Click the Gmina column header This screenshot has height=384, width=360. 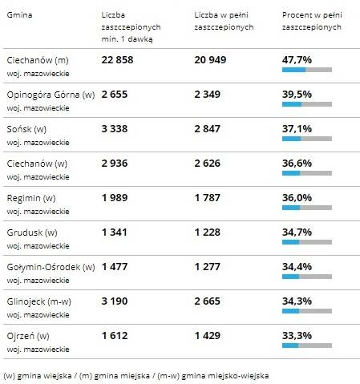click(x=19, y=15)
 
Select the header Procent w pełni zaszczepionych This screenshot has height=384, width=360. click(x=312, y=21)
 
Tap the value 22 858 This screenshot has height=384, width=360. click(x=117, y=60)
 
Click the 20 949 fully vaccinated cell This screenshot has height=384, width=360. click(x=210, y=60)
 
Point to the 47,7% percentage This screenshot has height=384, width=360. click(x=297, y=60)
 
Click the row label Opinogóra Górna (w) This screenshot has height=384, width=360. click(x=51, y=95)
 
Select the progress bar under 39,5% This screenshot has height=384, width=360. click(x=307, y=104)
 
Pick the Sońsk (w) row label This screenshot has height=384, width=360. click(x=26, y=129)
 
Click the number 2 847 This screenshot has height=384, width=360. click(x=207, y=129)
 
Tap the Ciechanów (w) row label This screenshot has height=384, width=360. click(x=37, y=164)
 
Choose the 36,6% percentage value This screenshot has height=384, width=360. click(x=297, y=164)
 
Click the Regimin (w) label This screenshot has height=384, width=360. click(x=31, y=198)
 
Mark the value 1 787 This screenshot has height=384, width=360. click(x=207, y=198)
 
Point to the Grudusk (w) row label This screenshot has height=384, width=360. click(x=32, y=232)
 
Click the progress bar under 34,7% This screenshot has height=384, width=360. click(x=307, y=242)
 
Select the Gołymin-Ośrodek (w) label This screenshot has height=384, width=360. click(x=51, y=267)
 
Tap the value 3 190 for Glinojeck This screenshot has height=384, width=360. click(x=115, y=301)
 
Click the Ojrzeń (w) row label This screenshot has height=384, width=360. click(x=28, y=336)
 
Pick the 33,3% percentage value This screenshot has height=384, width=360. click(x=297, y=336)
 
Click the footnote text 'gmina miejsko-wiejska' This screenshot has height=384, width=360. click(x=224, y=376)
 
